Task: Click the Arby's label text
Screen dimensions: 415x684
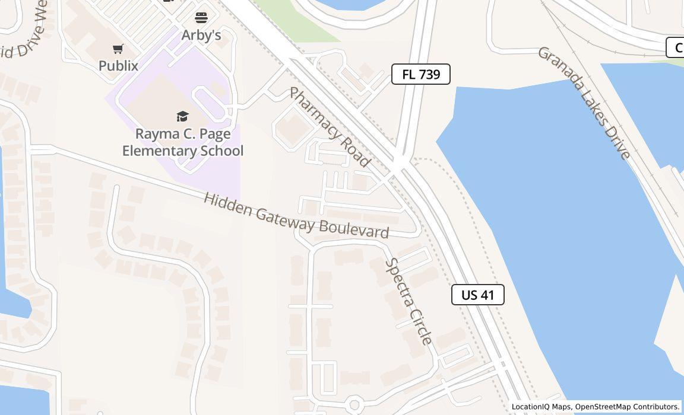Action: point(201,36)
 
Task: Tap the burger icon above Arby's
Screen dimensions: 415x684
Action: point(201,17)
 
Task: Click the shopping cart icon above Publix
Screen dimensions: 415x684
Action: point(118,49)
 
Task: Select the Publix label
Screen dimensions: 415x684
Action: point(118,66)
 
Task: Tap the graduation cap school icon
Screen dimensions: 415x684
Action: point(182,116)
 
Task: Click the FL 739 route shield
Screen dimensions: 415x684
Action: point(420,74)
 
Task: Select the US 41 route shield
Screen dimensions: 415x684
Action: point(478,295)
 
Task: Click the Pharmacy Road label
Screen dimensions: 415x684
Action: point(330,127)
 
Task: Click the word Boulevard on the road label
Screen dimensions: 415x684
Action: point(354,229)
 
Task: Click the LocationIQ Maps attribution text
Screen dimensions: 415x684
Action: point(541,407)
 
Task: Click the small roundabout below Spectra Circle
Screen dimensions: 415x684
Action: point(354,404)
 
